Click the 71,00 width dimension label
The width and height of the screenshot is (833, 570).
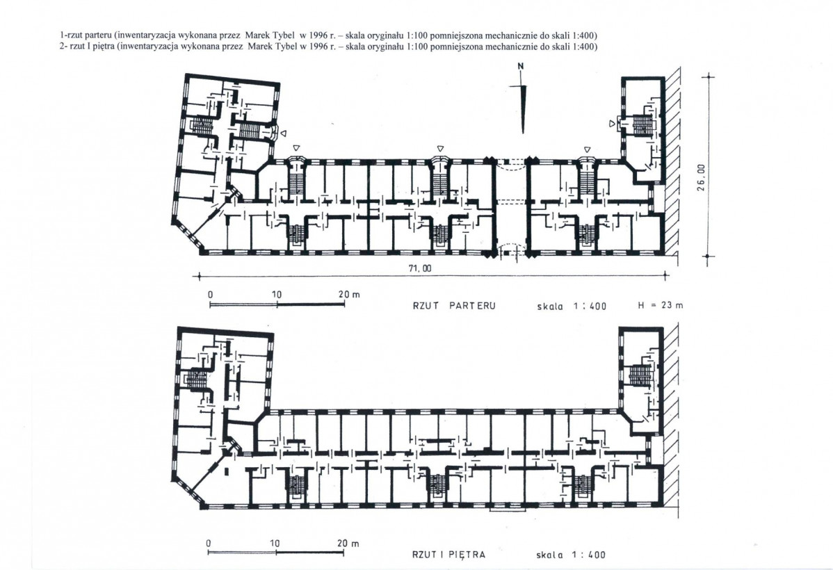tap(420, 269)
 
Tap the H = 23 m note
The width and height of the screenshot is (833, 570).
tap(661, 305)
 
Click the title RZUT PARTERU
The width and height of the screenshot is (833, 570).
tap(454, 306)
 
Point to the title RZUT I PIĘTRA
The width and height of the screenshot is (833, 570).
tap(449, 555)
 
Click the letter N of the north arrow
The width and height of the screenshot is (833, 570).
tap(521, 66)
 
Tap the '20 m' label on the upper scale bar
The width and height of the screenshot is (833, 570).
tap(349, 294)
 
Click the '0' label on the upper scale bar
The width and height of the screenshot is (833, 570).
tap(211, 295)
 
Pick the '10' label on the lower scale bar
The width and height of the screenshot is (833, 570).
tap(275, 544)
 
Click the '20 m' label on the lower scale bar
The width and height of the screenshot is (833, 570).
tap(348, 544)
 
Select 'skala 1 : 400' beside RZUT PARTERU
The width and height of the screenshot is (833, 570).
tap(572, 307)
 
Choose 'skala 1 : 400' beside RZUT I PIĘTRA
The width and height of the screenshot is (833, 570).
tap(571, 555)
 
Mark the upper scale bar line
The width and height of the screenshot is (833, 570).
tap(277, 304)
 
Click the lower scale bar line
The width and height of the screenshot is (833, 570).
tap(276, 553)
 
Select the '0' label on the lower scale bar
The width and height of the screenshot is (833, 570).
tap(209, 544)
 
